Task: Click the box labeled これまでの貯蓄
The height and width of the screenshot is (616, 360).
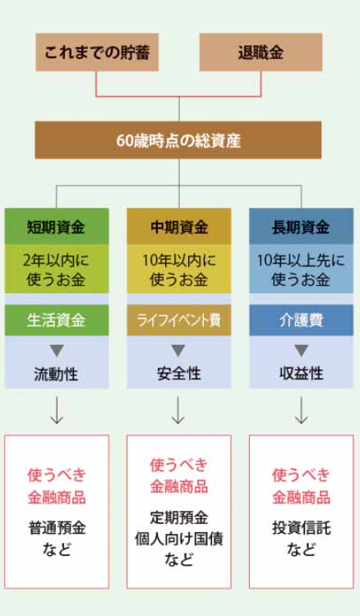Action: click(x=97, y=53)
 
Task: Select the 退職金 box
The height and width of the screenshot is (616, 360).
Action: click(x=261, y=53)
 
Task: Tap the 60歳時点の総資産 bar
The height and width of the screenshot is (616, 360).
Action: click(x=178, y=140)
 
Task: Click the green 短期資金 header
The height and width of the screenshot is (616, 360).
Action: click(x=57, y=227)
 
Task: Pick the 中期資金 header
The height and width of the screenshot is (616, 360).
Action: click(x=179, y=227)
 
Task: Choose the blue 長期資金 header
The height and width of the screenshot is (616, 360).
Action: click(x=302, y=227)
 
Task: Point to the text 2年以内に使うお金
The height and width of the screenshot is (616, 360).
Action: click(x=56, y=269)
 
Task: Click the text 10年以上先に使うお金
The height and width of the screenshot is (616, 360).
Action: click(x=301, y=269)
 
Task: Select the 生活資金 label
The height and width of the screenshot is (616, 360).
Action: click(x=57, y=320)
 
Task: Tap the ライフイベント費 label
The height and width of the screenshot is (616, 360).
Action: click(x=179, y=320)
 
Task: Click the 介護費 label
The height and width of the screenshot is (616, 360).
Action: click(x=302, y=320)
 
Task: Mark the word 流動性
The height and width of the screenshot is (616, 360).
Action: click(x=56, y=375)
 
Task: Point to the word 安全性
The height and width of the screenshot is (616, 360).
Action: click(x=179, y=374)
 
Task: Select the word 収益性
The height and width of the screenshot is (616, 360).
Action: click(x=302, y=374)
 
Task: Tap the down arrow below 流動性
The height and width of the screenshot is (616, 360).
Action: click(x=57, y=410)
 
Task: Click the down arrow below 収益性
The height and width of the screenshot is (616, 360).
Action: click(x=302, y=410)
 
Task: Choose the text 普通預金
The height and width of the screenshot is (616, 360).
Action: click(x=57, y=527)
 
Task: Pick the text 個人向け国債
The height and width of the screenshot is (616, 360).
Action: click(x=179, y=538)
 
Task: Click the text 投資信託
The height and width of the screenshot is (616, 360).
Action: click(x=302, y=527)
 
